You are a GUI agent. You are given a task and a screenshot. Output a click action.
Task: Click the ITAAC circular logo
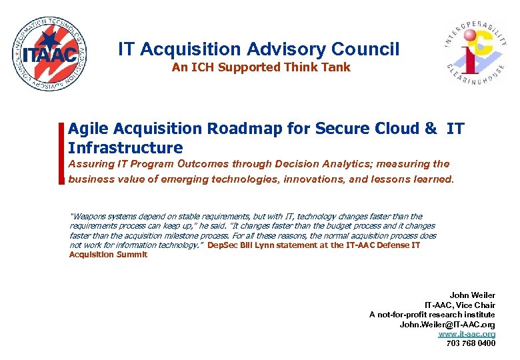pyautogui.click(x=50, y=53)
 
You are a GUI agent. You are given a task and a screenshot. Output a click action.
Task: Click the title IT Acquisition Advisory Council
pyautogui.click(x=259, y=49)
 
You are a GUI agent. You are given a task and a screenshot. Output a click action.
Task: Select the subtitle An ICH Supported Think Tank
pyautogui.click(x=261, y=67)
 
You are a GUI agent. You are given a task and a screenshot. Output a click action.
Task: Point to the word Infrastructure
pyautogui.click(x=125, y=147)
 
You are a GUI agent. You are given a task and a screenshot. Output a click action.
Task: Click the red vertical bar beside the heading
pyautogui.click(x=62, y=153)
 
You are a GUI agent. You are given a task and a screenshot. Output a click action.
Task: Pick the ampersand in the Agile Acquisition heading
pyautogui.click(x=431, y=128)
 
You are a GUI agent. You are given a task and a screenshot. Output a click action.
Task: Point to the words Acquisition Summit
pyautogui.click(x=108, y=254)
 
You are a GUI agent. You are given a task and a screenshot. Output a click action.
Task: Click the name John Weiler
pyautogui.click(x=472, y=295)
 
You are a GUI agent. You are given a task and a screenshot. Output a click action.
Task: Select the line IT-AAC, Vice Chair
pyautogui.click(x=465, y=305)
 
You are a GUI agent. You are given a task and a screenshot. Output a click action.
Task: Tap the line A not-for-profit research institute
pyautogui.click(x=432, y=314)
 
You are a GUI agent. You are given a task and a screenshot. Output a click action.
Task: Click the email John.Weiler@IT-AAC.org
pyautogui.click(x=447, y=324)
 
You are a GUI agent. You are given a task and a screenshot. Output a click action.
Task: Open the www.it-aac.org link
pyautogui.click(x=467, y=333)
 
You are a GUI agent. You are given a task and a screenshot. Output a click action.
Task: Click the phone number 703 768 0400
pyautogui.click(x=471, y=343)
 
